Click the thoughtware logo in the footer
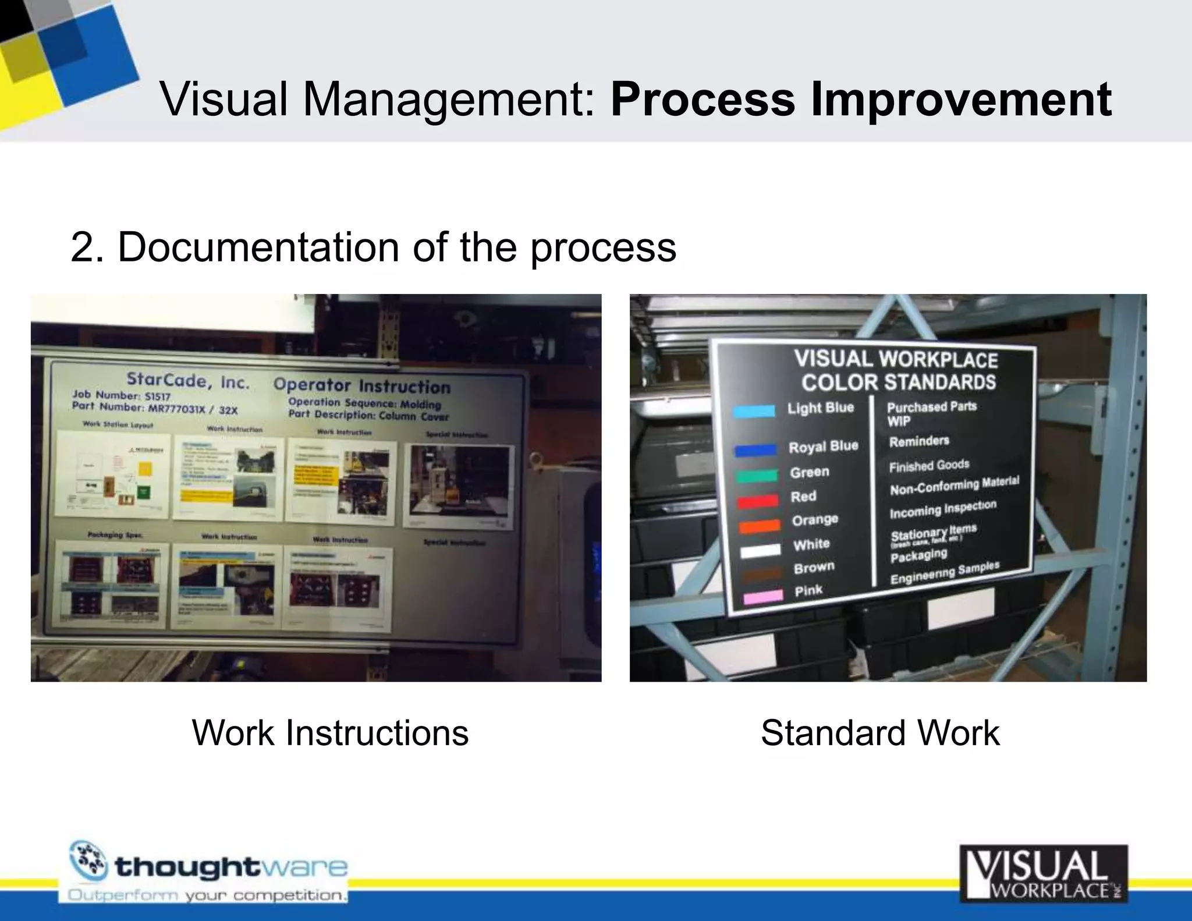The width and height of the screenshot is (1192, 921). click(x=208, y=871)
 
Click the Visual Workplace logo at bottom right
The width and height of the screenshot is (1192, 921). click(x=1044, y=873)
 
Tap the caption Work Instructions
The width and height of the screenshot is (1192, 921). click(x=330, y=732)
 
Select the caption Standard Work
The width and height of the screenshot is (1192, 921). click(x=880, y=732)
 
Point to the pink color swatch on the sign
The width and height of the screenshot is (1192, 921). click(x=763, y=597)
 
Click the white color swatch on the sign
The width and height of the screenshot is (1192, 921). click(x=760, y=550)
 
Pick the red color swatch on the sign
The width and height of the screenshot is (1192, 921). click(x=757, y=501)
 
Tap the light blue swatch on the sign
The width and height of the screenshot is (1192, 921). click(x=754, y=411)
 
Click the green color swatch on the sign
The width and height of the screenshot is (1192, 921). click(x=757, y=476)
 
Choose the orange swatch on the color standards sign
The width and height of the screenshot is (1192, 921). click(x=759, y=526)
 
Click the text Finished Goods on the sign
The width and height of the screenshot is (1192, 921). click(x=929, y=466)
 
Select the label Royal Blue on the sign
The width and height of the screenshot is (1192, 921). click(x=823, y=447)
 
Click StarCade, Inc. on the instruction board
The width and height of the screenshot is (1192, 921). click(x=188, y=381)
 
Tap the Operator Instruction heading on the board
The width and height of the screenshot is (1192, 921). click(x=361, y=385)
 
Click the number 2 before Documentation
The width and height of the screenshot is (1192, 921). click(x=81, y=247)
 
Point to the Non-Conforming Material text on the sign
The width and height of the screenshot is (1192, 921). click(x=954, y=486)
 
